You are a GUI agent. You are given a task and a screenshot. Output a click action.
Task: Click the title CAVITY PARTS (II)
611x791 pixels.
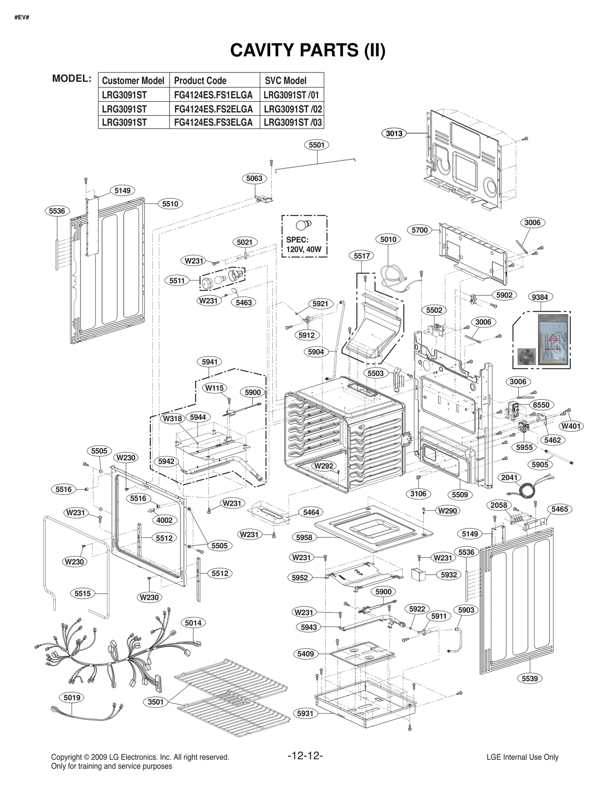[307, 50]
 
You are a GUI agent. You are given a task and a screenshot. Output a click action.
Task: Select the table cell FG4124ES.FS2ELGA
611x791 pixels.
[213, 109]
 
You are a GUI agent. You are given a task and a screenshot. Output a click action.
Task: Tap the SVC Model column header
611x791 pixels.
[286, 81]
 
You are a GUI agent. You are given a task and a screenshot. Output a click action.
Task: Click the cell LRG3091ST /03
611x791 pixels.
[292, 122]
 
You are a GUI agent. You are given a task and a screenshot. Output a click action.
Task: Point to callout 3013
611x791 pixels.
[394, 133]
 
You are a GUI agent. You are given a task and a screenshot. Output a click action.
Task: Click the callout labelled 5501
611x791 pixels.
[317, 145]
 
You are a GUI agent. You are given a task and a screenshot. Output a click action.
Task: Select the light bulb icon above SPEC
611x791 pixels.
[304, 224]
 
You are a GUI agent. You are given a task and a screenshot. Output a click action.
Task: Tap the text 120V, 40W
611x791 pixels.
[304, 250]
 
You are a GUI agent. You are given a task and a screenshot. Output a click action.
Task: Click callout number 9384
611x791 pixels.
[540, 297]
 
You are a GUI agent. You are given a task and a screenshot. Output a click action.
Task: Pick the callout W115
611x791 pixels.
[214, 388]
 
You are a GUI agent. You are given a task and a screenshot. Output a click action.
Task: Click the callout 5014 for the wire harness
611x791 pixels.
[193, 623]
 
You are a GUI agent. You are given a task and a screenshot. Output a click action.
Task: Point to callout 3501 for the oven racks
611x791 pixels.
[156, 702]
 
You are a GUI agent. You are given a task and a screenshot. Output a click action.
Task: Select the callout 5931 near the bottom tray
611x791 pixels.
[305, 713]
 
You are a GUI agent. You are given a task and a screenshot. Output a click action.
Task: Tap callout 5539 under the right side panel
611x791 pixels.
[530, 678]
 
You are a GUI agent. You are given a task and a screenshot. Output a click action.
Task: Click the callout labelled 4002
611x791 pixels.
[165, 520]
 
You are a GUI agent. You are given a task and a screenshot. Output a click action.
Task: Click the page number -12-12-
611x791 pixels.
[305, 755]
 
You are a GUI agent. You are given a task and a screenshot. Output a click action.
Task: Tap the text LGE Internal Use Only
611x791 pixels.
[522, 757]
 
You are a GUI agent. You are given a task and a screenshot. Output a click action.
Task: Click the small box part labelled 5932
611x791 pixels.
[418, 575]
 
